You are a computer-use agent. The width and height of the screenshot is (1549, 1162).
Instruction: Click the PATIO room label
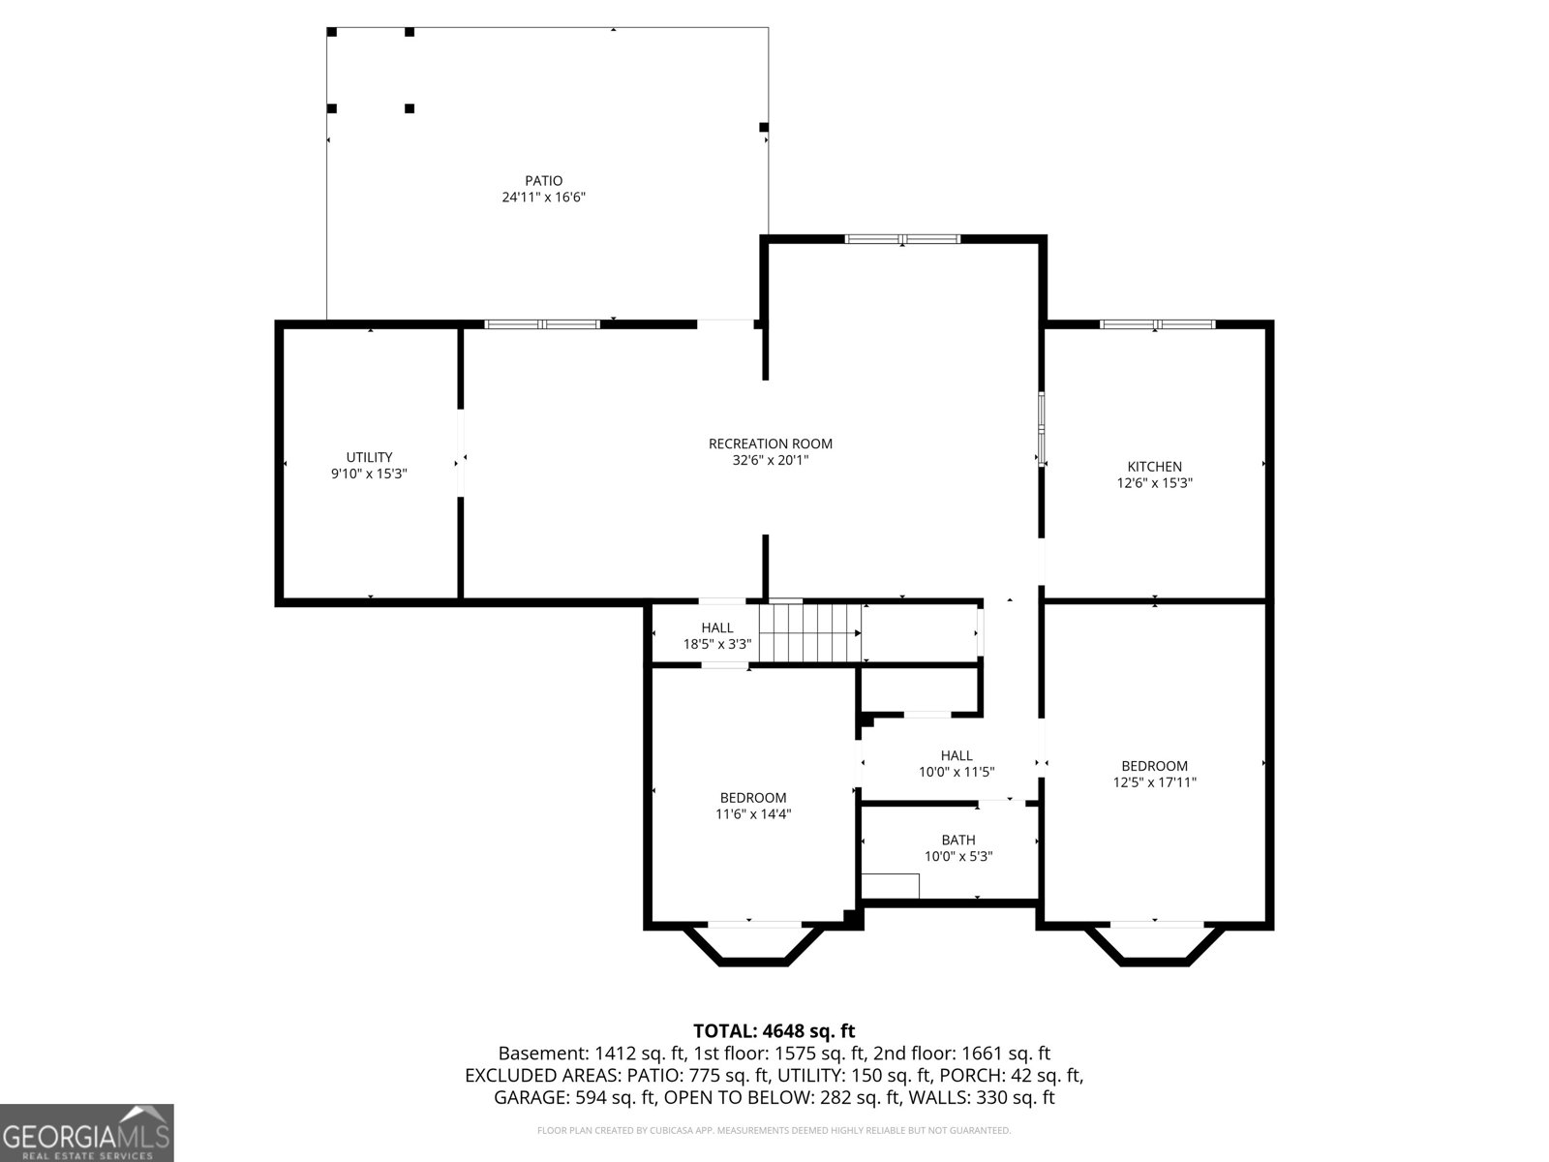point(543,181)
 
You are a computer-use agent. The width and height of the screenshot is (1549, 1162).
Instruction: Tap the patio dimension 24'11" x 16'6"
point(543,198)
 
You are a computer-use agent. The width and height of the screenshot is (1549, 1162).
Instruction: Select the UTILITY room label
point(369,457)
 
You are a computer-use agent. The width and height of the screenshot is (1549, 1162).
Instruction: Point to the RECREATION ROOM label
point(771,443)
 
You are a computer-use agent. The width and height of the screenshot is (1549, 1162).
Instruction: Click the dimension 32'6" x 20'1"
point(771,460)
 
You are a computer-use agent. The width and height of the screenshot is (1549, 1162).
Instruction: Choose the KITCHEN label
point(1155,467)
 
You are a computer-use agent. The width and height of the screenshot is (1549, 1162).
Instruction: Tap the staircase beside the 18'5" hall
point(810,633)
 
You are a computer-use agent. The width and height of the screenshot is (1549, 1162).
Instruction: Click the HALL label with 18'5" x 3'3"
point(717,627)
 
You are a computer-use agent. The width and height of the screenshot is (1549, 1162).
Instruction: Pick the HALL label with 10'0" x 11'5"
point(957,755)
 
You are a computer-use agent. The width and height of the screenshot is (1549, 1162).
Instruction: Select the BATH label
point(958,840)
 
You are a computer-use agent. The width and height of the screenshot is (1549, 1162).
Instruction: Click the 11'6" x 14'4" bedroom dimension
point(753,813)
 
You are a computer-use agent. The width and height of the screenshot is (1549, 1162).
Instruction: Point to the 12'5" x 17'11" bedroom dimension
point(1155,781)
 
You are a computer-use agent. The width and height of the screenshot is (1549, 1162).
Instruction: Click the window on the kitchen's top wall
point(1157,324)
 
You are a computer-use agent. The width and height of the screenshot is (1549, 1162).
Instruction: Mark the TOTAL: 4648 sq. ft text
point(774,1031)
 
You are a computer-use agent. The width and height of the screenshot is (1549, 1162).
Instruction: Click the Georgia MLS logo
point(87,1133)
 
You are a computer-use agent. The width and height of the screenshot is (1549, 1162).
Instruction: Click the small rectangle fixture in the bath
point(891,885)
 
